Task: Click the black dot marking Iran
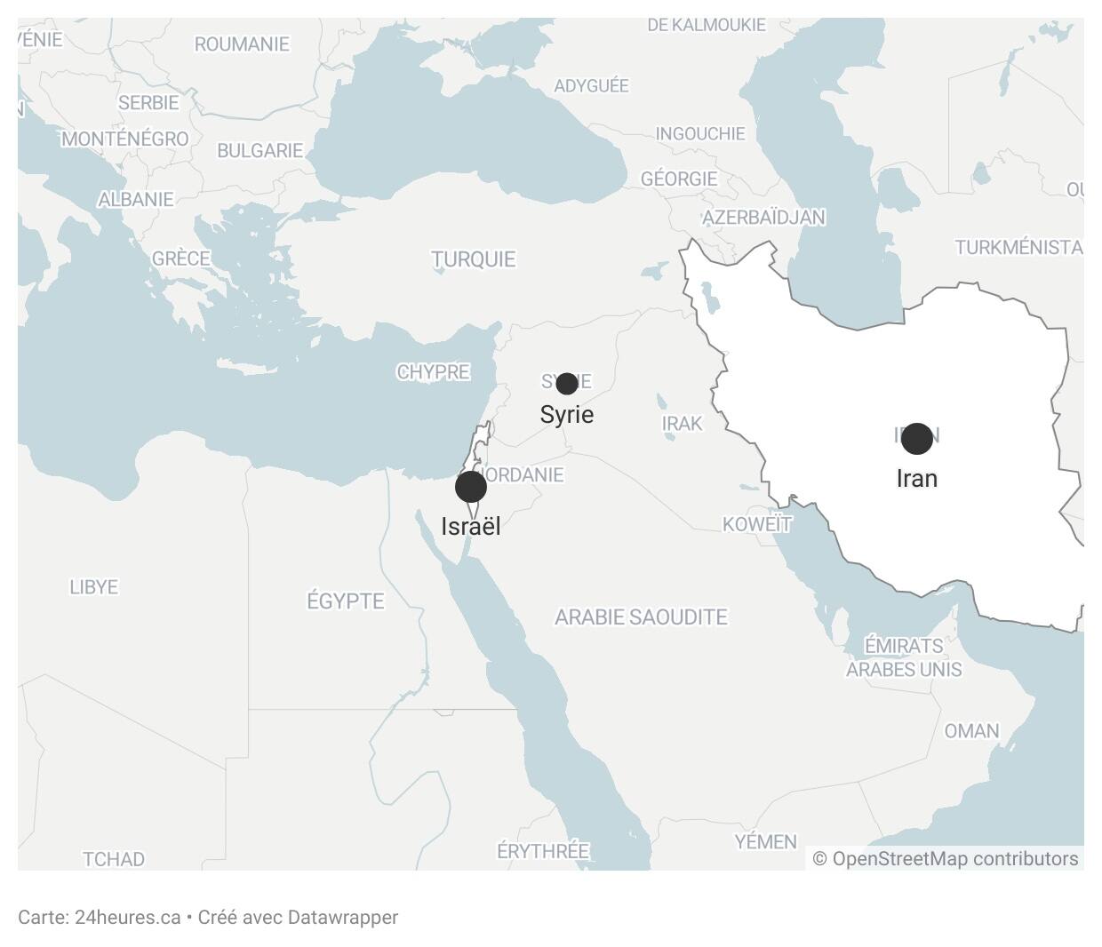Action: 916,438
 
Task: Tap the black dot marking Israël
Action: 470,487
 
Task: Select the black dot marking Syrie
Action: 566,384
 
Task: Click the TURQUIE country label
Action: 473,259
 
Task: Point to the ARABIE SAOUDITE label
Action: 641,617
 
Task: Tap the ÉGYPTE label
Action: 346,601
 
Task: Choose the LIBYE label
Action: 93,587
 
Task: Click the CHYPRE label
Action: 433,372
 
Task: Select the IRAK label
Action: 682,424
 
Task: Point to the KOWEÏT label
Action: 756,524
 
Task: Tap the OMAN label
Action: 971,731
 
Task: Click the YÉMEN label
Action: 765,841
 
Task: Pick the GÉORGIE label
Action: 679,179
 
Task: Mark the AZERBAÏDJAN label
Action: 763,218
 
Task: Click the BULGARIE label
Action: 260,150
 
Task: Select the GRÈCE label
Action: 180,259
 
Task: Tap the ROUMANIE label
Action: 242,44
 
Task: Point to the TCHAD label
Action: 113,859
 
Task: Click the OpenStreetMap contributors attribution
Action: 946,859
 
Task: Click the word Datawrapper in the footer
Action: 342,918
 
